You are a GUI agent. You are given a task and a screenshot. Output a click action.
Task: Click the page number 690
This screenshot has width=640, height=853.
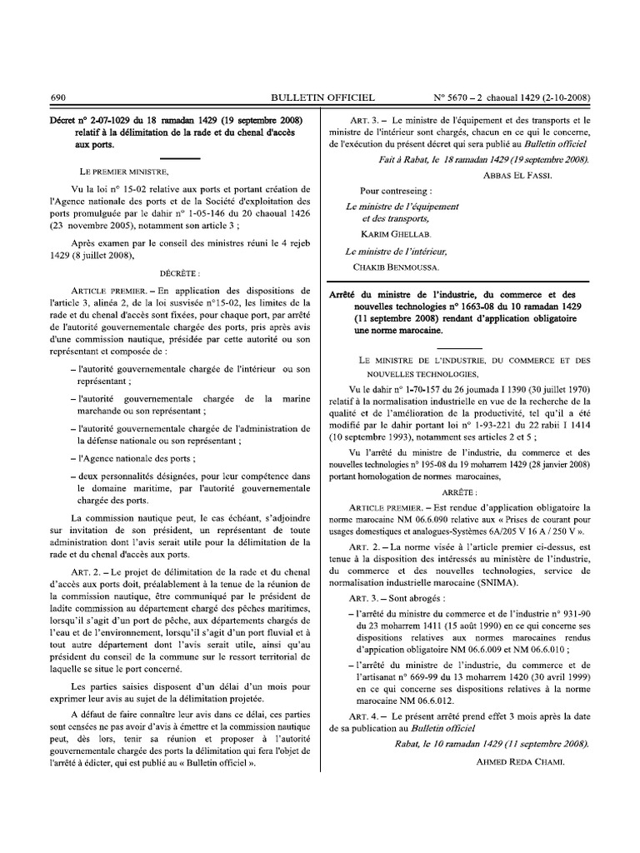58,97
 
